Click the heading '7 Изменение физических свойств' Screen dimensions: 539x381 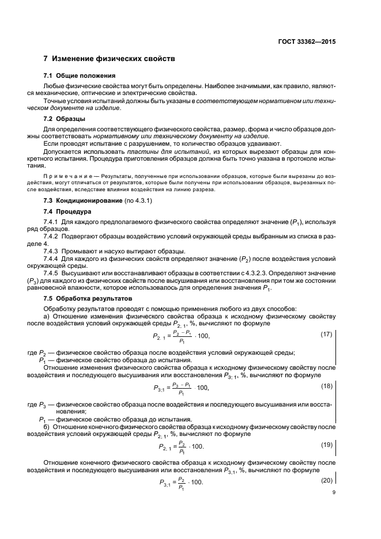pos(110,59)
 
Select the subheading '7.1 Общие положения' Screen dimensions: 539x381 pos(80,75)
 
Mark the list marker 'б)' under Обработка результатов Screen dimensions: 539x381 pos(48,427)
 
